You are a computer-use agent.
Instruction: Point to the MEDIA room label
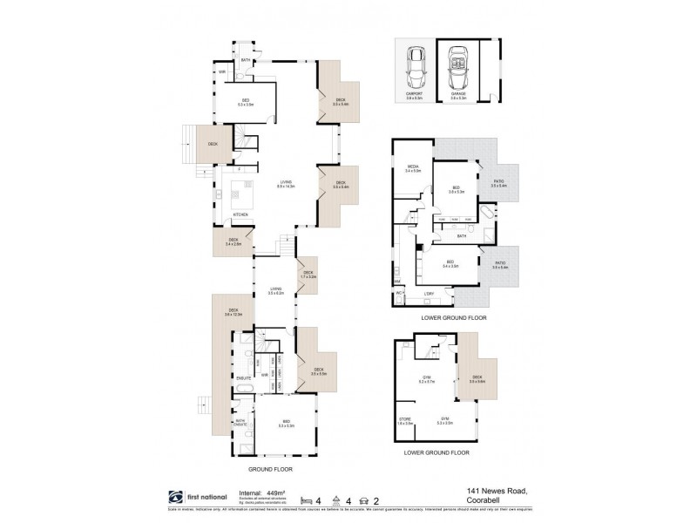pos(413,169)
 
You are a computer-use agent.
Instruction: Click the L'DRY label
pos(430,295)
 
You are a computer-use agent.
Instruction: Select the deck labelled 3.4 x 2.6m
pos(233,241)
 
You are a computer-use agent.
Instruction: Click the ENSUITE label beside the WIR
pos(244,377)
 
